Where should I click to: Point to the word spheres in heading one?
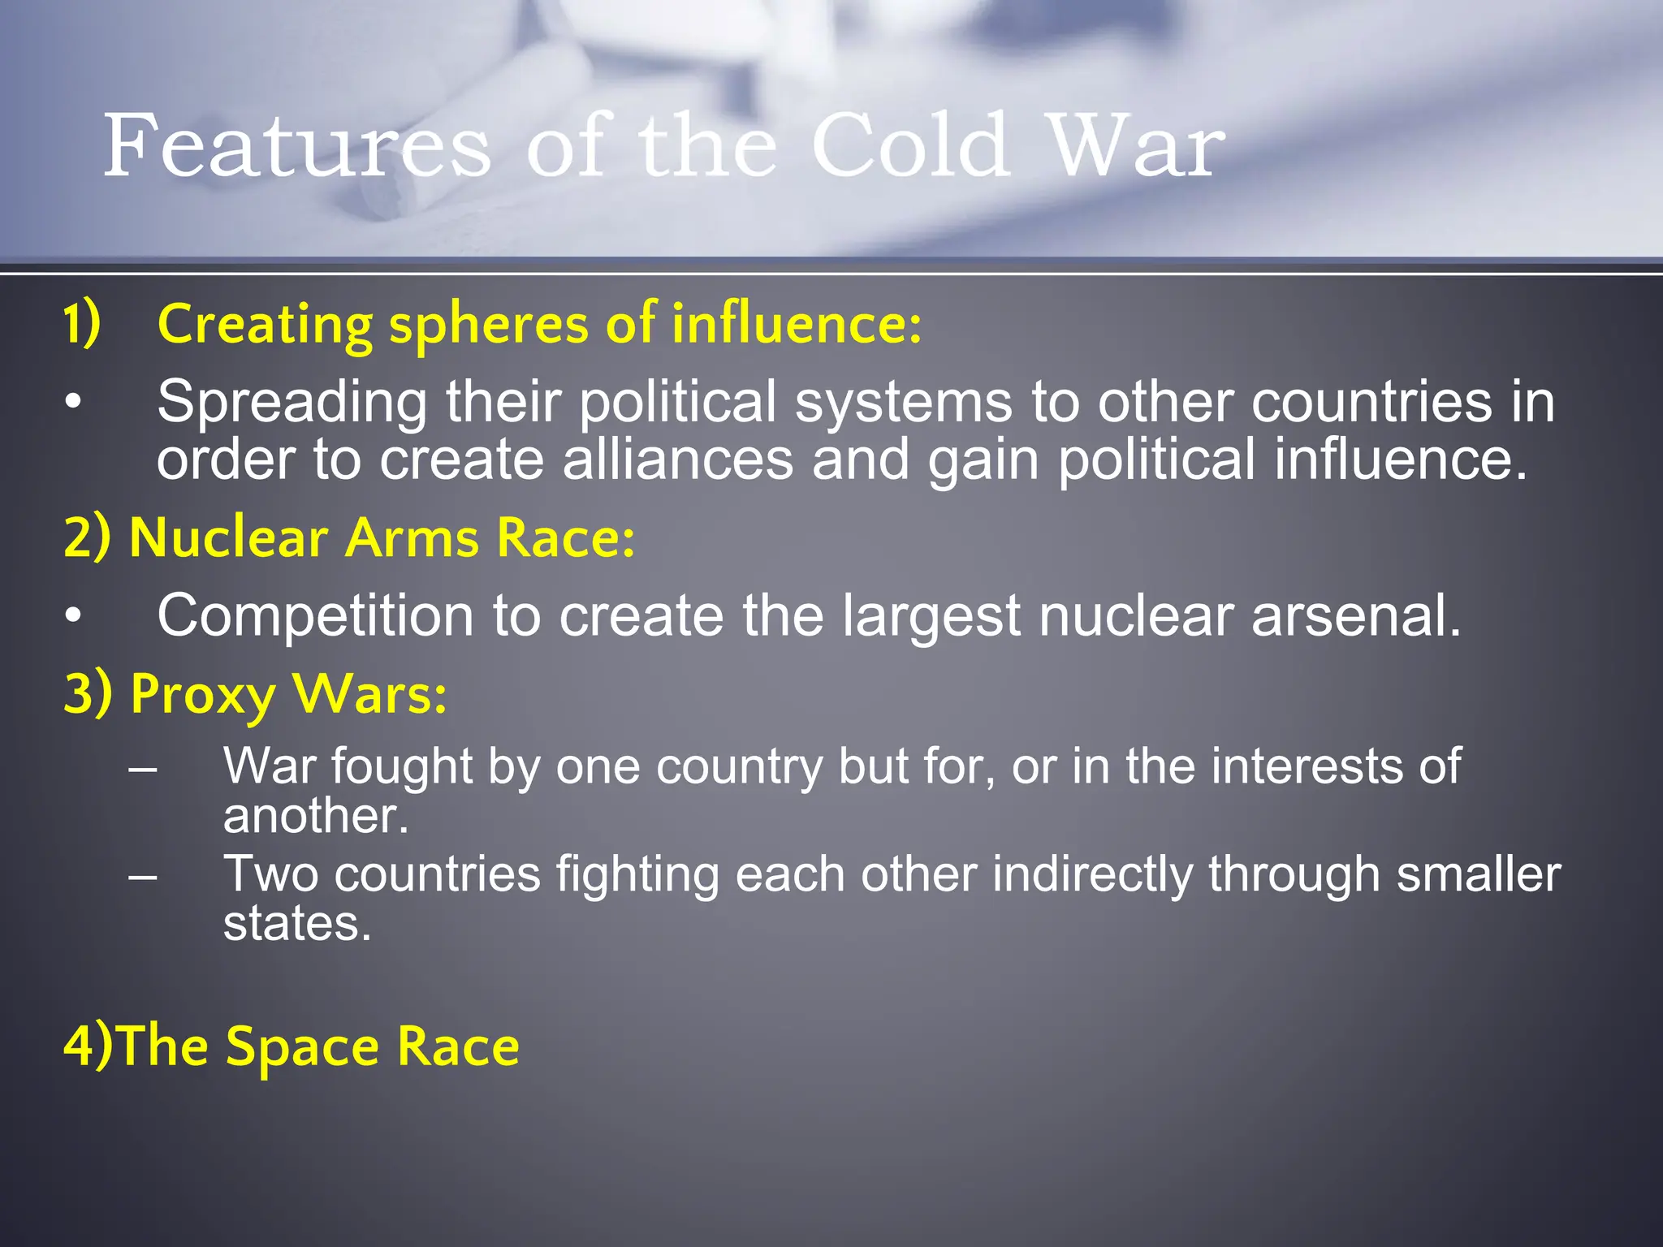488,325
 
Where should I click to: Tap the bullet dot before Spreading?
74,402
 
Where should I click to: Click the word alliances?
677,460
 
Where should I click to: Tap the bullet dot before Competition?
74,616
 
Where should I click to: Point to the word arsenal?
1355,615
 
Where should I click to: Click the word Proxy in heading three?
203,695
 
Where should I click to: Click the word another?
315,816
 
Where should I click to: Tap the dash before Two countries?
143,875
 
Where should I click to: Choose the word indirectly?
1092,875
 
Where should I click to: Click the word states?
297,924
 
